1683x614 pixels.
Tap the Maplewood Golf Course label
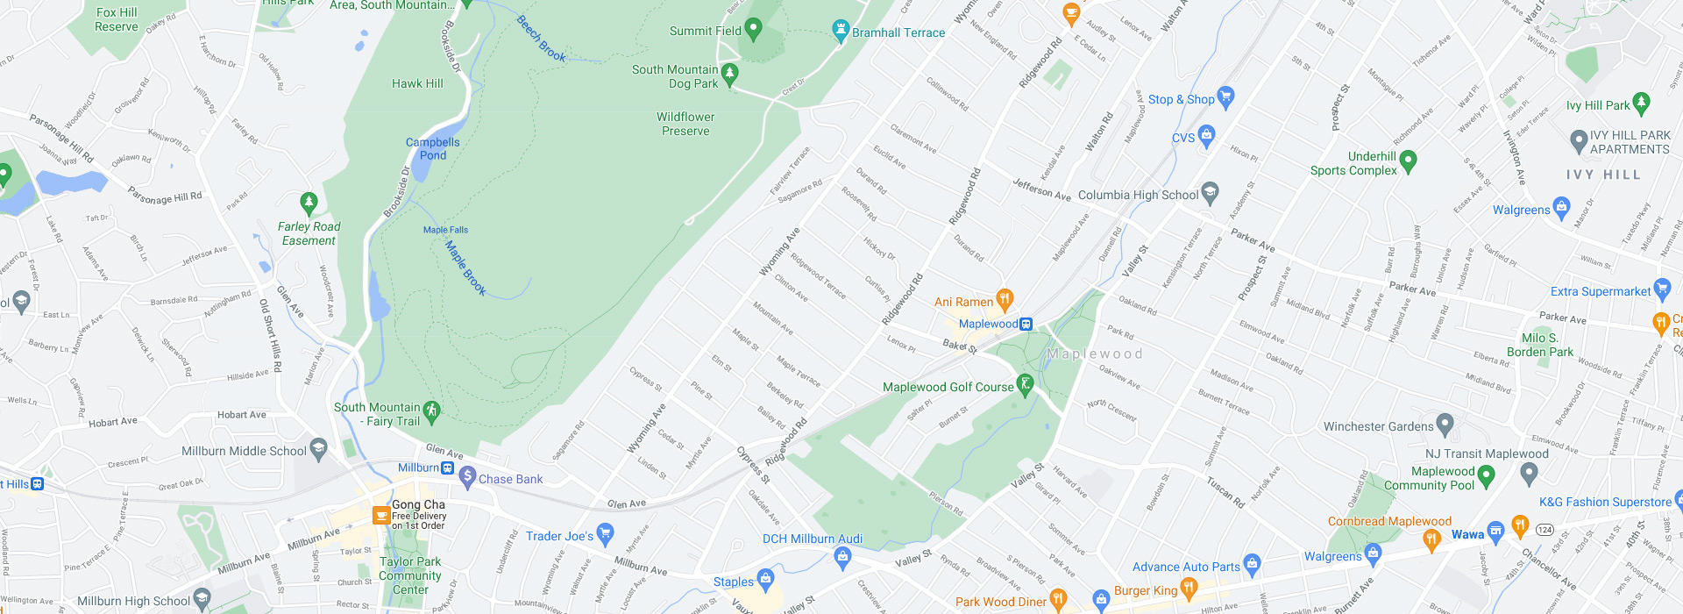(x=948, y=387)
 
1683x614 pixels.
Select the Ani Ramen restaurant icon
(x=1005, y=300)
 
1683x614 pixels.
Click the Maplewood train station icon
(x=1026, y=324)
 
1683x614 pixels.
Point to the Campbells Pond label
(x=432, y=148)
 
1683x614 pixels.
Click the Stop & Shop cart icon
(x=1225, y=96)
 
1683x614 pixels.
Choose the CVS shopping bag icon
(x=1207, y=135)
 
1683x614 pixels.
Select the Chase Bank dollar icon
(x=467, y=477)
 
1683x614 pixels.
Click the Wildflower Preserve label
(x=685, y=124)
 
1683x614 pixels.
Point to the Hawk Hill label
(x=417, y=83)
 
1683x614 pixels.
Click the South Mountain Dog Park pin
(x=730, y=74)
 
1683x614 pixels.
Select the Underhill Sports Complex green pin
(x=1409, y=161)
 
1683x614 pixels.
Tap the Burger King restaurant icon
(x=1189, y=587)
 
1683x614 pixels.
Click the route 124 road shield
(x=1545, y=530)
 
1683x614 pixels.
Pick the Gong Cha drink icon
(x=381, y=515)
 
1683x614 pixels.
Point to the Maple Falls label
(x=445, y=230)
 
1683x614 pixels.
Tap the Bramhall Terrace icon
(x=841, y=31)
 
